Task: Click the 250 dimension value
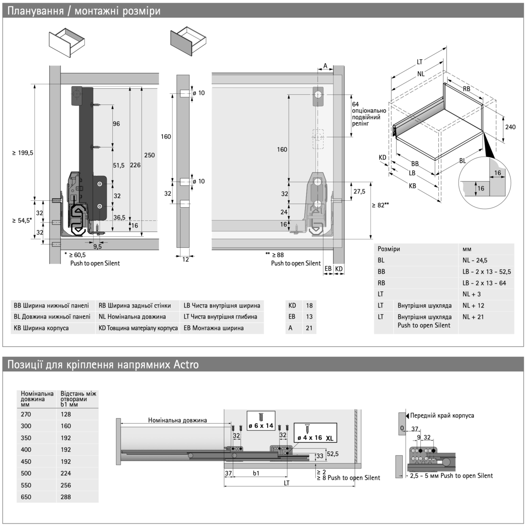[149, 155]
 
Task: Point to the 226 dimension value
[136, 165]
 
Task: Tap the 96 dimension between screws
[116, 124]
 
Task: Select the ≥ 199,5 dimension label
[23, 153]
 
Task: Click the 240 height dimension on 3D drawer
[510, 127]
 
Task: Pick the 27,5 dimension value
[359, 192]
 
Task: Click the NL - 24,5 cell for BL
[475, 260]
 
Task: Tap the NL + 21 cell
[473, 317]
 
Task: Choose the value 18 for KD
[309, 306]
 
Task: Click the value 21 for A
[309, 328]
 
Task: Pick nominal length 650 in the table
[26, 497]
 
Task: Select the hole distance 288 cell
[65, 497]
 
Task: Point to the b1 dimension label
[256, 473]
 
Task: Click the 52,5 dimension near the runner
[333, 454]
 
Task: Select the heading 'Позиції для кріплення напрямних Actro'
[103, 365]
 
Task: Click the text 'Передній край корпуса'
[442, 416]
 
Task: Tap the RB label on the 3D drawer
[466, 89]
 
